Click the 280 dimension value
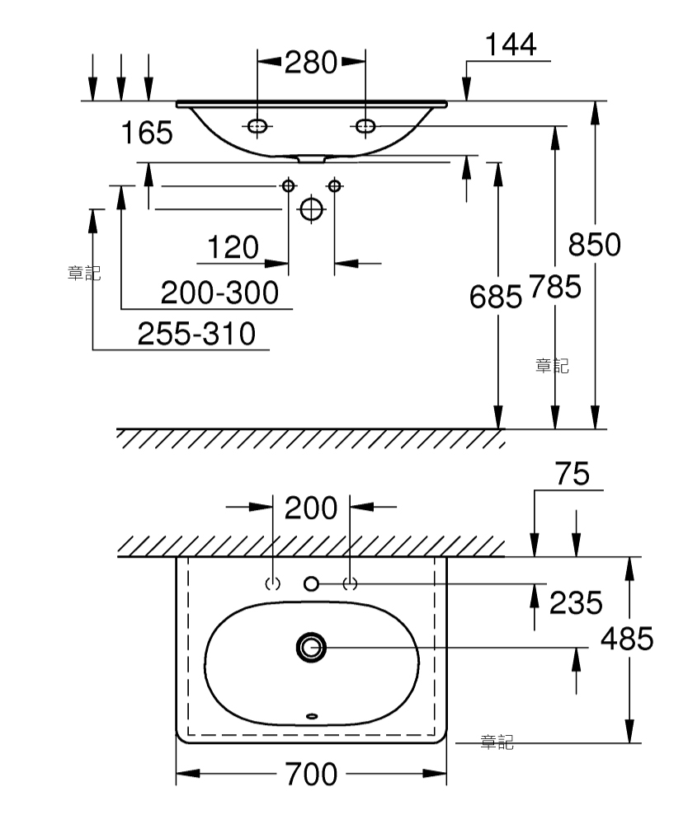tap(311, 63)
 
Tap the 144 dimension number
tap(510, 44)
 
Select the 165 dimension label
tap(147, 133)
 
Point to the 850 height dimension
tap(595, 245)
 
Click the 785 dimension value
tap(555, 287)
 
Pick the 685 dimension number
tap(496, 297)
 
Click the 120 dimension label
tap(233, 247)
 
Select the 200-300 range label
tap(220, 293)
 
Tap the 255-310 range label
tap(196, 334)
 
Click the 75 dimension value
tap(573, 475)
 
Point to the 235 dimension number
tap(576, 603)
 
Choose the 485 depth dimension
tap(627, 639)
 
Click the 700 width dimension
tap(311, 775)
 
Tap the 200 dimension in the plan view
tap(311, 508)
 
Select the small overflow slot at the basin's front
tap(312, 716)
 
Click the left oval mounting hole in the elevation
tap(257, 126)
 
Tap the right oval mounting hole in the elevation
tap(365, 126)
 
